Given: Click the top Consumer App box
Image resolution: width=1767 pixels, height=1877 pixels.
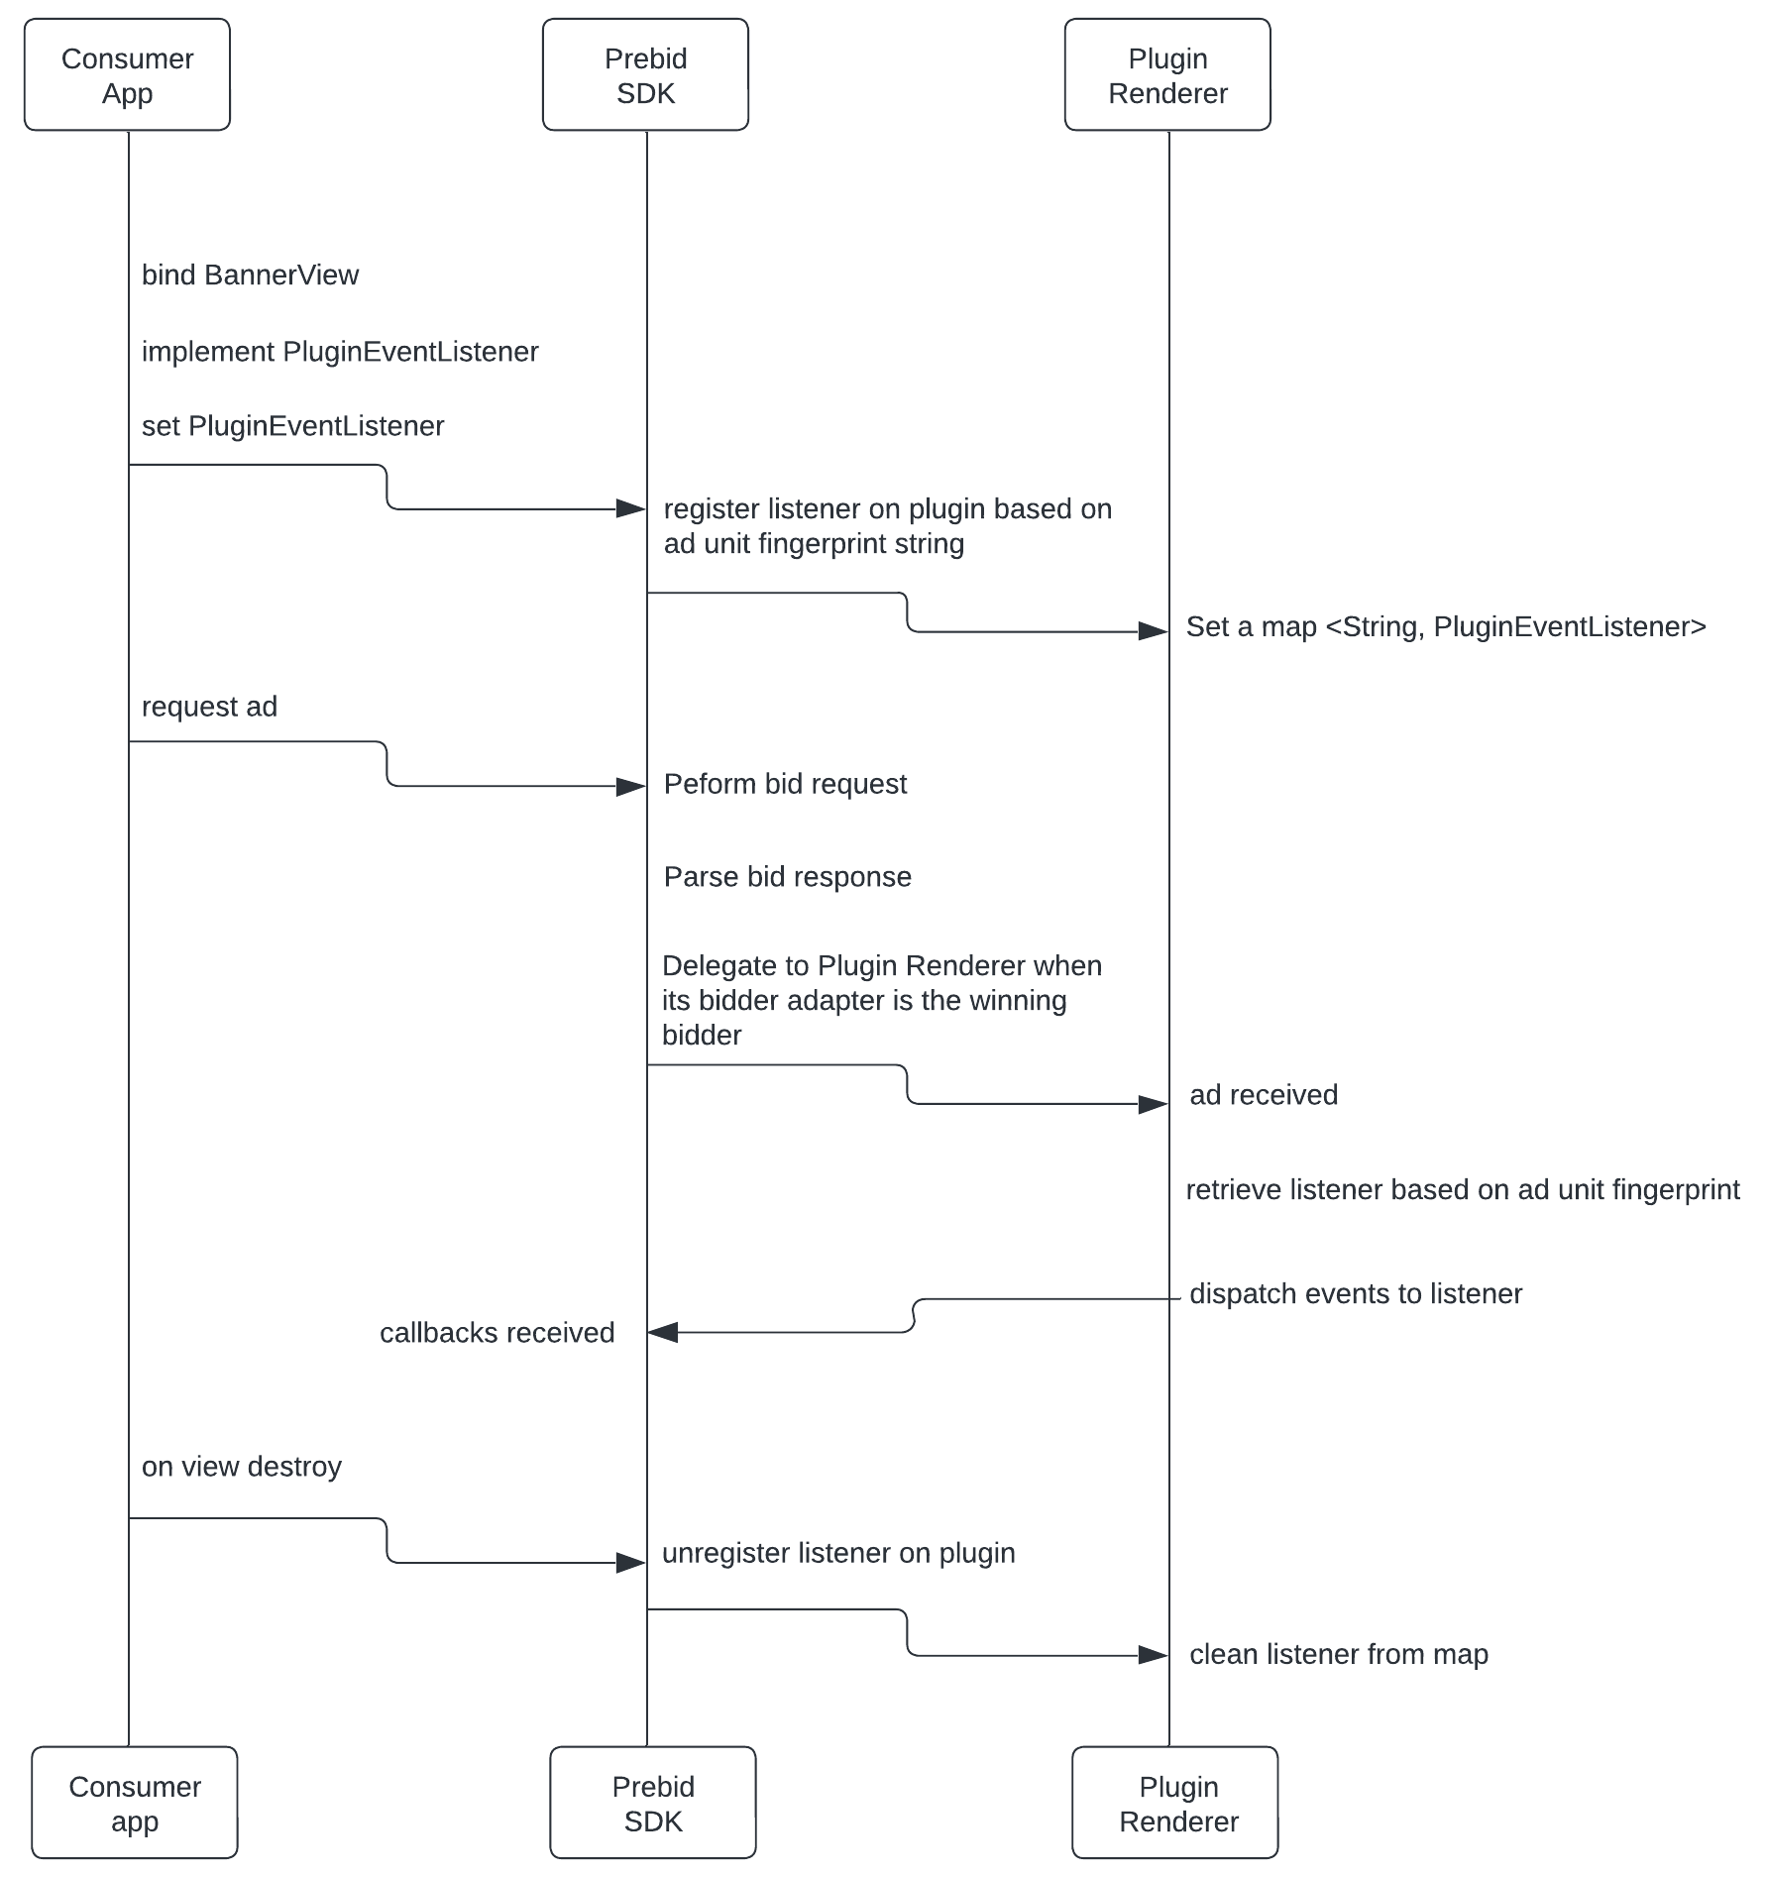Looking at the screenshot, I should tap(127, 75).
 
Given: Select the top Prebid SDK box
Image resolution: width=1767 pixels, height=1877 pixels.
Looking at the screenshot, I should tap(645, 75).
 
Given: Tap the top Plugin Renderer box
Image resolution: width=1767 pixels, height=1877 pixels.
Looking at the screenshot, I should tap(1167, 75).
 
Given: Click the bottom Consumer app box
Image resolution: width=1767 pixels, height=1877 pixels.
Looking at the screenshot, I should tap(135, 1803).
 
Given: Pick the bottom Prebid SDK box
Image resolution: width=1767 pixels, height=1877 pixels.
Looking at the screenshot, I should tap(653, 1803).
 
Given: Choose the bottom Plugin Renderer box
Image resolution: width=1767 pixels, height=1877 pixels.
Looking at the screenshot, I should tap(1175, 1803).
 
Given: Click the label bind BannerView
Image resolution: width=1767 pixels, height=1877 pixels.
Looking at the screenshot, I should tap(250, 276).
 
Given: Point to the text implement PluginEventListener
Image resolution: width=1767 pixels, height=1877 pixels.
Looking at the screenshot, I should tap(340, 352).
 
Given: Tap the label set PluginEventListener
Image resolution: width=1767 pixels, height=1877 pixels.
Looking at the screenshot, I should tap(292, 426).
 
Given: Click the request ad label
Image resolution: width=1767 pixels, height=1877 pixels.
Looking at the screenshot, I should tap(209, 707).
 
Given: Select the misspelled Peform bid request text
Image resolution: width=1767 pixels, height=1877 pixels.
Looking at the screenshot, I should tap(785, 784).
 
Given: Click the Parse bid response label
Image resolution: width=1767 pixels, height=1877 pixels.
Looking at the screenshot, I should tap(787, 877).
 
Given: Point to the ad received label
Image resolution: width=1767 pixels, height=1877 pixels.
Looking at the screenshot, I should tap(1264, 1095).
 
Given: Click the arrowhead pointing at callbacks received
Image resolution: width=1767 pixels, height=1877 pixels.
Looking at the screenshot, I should tap(662, 1333).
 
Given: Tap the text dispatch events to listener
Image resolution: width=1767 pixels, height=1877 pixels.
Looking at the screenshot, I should tap(1355, 1294).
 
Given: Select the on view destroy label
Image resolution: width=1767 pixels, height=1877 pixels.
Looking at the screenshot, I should tap(241, 1467).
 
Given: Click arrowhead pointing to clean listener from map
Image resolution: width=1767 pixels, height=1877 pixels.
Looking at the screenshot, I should tap(1154, 1655).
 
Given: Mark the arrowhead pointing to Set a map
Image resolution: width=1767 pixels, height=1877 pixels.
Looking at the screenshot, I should tap(1154, 631).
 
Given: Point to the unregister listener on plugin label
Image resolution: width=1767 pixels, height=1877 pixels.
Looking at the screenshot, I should tap(838, 1553).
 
